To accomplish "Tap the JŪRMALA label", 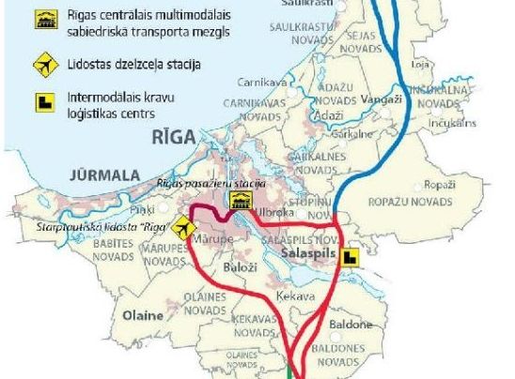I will pos(102,174).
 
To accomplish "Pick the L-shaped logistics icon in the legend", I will pos(42,100).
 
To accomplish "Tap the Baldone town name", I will pos(351,325).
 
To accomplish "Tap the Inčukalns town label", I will pos(445,122).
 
